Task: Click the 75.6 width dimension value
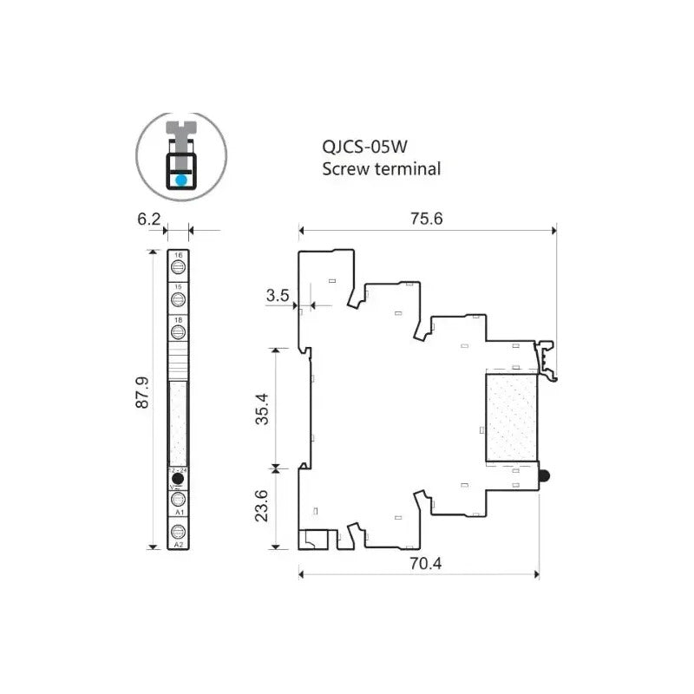(x=427, y=219)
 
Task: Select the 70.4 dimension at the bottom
(x=426, y=563)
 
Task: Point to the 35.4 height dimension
(x=261, y=408)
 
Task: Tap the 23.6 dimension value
(x=261, y=507)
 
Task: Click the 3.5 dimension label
(x=278, y=296)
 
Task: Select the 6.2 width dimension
(x=149, y=219)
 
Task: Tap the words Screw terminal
(x=382, y=169)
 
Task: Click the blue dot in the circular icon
(x=180, y=180)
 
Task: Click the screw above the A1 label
(x=178, y=499)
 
